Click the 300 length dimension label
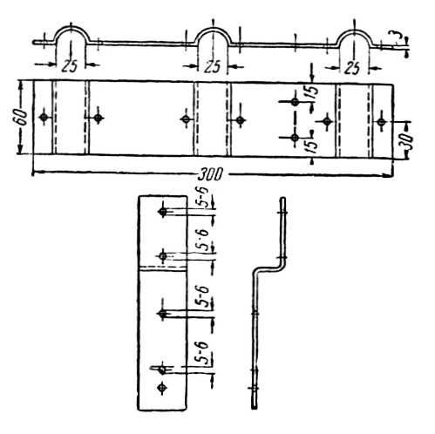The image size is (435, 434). (x=209, y=174)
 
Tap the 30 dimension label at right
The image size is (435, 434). (x=408, y=141)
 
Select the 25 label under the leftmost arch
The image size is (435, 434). (x=70, y=66)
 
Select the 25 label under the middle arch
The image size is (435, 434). (x=212, y=67)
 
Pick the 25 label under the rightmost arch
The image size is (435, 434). (x=352, y=68)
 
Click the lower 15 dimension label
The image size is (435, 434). (x=311, y=146)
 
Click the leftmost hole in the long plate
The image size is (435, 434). (x=44, y=118)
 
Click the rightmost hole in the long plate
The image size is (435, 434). (x=381, y=122)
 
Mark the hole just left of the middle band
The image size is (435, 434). (x=186, y=119)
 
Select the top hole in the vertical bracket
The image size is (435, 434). (x=163, y=212)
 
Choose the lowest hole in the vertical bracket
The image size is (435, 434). (x=162, y=388)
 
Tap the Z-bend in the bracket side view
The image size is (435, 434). (x=268, y=267)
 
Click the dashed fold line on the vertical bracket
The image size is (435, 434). (x=163, y=267)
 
